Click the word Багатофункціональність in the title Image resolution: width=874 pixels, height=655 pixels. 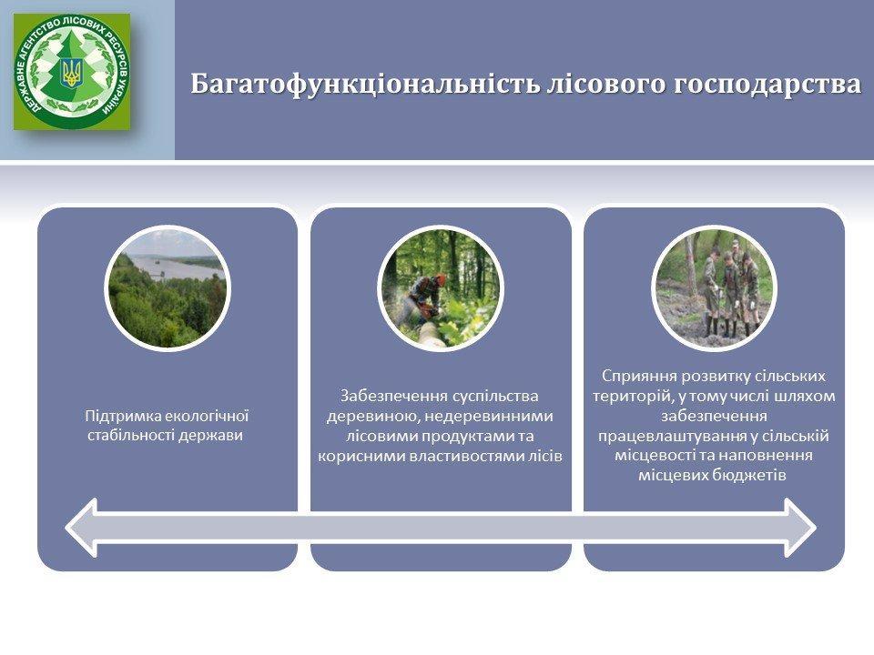(364, 85)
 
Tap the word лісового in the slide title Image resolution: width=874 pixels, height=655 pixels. (606, 84)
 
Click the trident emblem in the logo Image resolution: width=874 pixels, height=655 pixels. (71, 72)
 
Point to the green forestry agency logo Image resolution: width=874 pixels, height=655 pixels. (72, 72)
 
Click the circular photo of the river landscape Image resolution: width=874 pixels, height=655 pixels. (168, 288)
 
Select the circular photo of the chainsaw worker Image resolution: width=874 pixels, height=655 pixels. (441, 288)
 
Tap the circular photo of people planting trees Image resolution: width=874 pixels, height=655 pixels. (714, 288)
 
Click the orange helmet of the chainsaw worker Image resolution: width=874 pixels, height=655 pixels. (441, 278)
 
